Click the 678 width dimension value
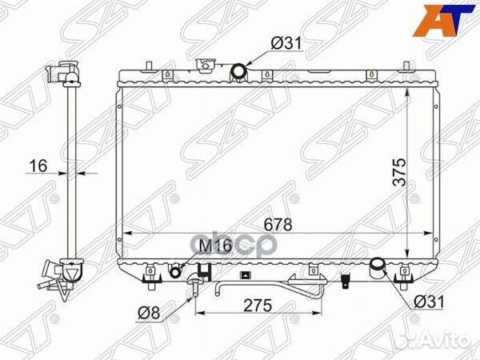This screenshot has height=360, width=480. pyautogui.click(x=272, y=225)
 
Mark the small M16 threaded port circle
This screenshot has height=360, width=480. pyautogui.click(x=176, y=271)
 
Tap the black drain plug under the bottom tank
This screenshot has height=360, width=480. pyautogui.click(x=345, y=282)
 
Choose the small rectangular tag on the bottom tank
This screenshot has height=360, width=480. pyautogui.click(x=245, y=274)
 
